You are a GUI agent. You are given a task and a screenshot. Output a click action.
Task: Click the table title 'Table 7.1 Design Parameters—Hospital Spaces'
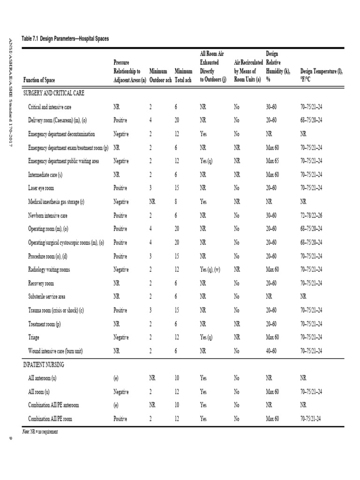tap(65, 38)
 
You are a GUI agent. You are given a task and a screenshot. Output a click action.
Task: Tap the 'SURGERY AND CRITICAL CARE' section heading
tap(54, 94)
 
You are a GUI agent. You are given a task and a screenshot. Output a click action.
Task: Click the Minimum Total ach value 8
tap(176, 202)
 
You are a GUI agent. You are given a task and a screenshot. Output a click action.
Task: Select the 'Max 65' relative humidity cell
tap(273, 161)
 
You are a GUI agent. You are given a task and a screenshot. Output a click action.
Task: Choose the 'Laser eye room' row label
tap(41, 188)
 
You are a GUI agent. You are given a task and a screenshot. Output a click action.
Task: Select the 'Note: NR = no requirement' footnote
tap(40, 431)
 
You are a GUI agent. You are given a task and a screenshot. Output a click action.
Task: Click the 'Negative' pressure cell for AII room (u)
tap(121, 391)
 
